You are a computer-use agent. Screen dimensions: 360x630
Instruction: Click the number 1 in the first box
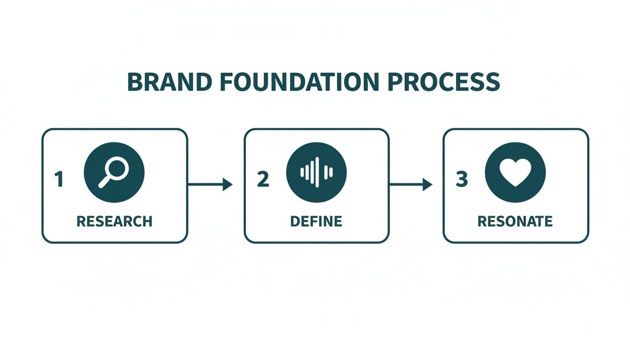coord(59,180)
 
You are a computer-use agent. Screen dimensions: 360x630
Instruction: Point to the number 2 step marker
coord(263,180)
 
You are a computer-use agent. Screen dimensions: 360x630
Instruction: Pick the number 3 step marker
coord(462,180)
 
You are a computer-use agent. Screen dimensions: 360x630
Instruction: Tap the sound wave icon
coord(316,172)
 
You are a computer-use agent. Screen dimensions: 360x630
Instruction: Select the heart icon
coord(515,172)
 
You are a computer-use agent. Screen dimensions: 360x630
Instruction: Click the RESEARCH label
coord(114,221)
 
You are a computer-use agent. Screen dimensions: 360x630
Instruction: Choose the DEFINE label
coord(316,221)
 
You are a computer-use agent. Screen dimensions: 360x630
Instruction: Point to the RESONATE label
coord(515,221)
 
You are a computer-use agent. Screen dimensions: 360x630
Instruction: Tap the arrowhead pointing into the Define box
coord(228,185)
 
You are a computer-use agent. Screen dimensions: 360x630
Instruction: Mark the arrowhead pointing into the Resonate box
coord(427,185)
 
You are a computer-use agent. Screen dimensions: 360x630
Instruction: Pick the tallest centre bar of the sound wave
coord(317,172)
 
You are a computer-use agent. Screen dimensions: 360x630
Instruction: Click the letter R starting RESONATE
coord(482,221)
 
